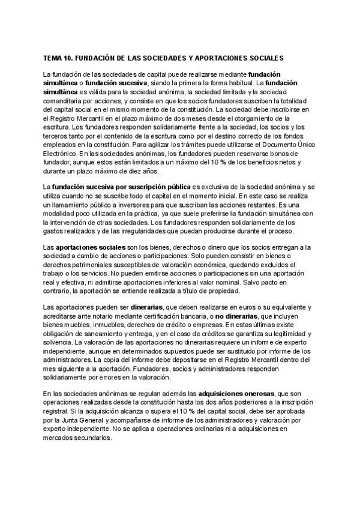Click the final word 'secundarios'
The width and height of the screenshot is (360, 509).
click(95, 438)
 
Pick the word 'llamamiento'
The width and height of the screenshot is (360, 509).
click(70, 206)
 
